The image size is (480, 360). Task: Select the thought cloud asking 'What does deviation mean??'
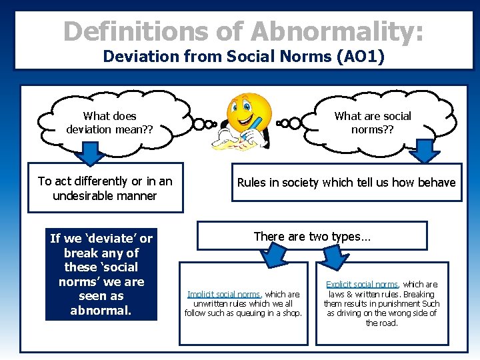pyautogui.click(x=110, y=122)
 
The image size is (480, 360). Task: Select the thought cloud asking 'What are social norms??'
pyautogui.click(x=373, y=122)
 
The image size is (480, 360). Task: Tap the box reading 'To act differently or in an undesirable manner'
pyautogui.click(x=105, y=189)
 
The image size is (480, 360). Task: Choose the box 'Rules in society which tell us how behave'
pyautogui.click(x=346, y=183)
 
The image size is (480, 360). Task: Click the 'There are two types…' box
pyautogui.click(x=311, y=236)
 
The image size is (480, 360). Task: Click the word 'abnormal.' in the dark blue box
pyautogui.click(x=101, y=311)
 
